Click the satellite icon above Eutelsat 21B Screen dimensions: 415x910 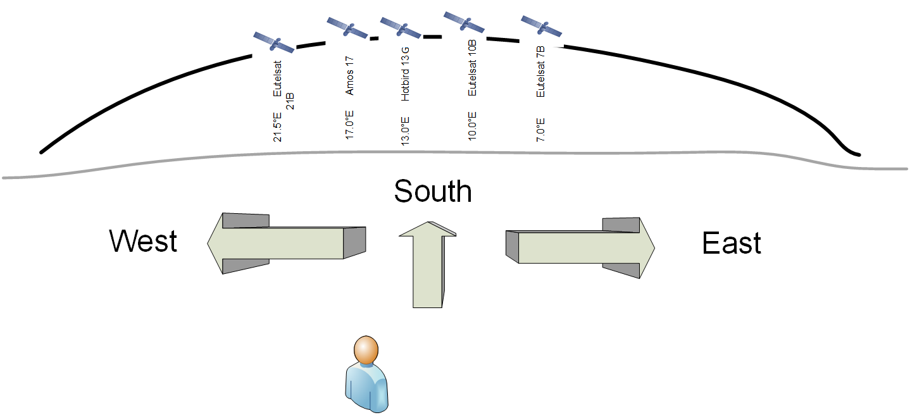[x=274, y=43]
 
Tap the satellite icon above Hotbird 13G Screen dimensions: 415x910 [x=401, y=28]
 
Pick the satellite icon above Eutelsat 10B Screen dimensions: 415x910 [x=464, y=22]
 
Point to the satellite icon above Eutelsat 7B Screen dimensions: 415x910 [x=541, y=26]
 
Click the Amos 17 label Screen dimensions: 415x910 [x=350, y=75]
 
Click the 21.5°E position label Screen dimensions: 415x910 [x=277, y=127]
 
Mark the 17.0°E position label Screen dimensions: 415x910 [x=349, y=125]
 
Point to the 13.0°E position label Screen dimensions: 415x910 [x=406, y=131]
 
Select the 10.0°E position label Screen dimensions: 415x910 [x=472, y=127]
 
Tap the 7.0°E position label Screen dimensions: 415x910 [x=540, y=129]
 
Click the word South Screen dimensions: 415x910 [x=433, y=191]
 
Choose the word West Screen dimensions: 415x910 [x=143, y=242]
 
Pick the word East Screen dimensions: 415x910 [x=732, y=244]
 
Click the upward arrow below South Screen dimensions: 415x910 [x=428, y=266]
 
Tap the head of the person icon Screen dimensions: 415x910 [x=366, y=349]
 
